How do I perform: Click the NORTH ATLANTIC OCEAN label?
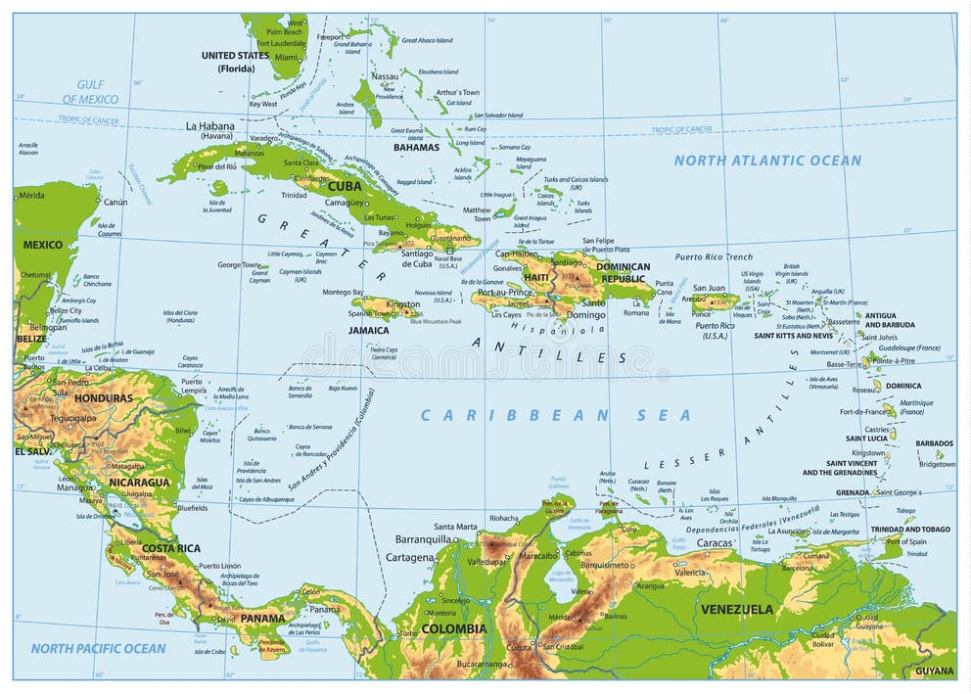767,161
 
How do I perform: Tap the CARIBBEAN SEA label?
555,415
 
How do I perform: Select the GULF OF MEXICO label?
90,93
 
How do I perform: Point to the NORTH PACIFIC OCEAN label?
98,648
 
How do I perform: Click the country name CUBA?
345,186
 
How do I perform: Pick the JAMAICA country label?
368,331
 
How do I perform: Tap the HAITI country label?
536,277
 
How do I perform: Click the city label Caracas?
715,542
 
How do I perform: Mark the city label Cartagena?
409,557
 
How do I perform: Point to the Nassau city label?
385,76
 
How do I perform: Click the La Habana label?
210,126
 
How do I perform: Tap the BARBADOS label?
934,443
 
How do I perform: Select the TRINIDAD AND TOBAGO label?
910,530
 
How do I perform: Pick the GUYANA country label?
934,671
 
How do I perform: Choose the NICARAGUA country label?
140,483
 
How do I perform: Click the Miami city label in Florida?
287,58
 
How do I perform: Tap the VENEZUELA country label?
736,609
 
